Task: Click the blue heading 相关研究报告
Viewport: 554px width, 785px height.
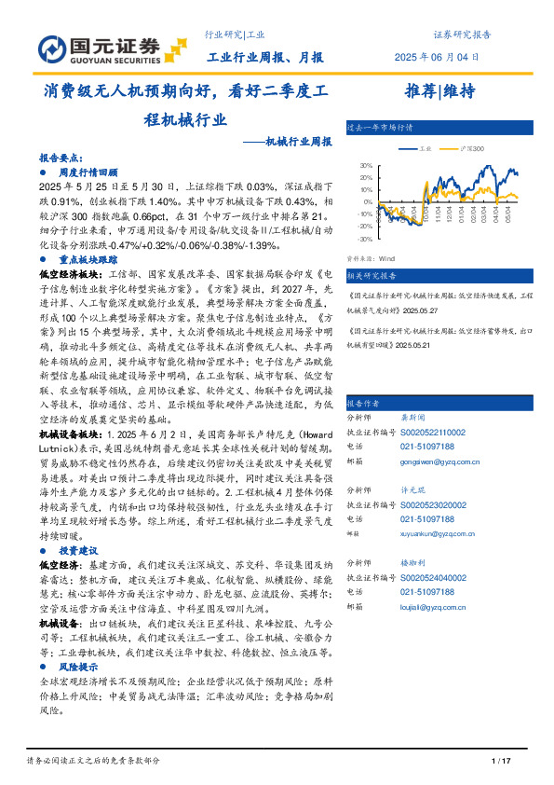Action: [372, 276]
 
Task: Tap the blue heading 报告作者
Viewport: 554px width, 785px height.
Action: [362, 404]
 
